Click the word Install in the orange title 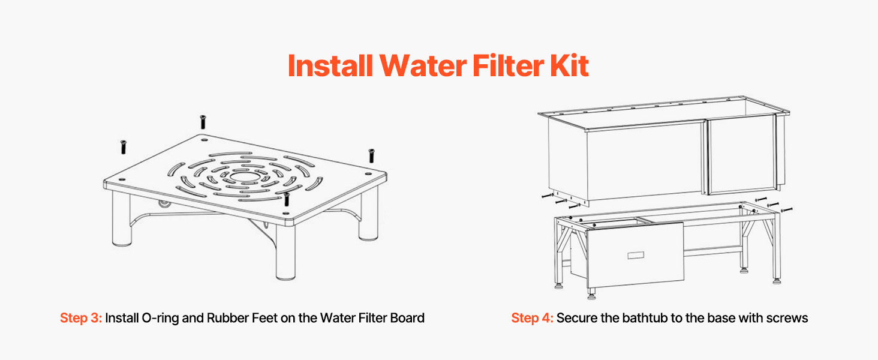pos(330,65)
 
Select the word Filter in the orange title pos(509,65)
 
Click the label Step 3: pos(81,317)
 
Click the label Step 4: pos(532,317)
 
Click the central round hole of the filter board pos(244,176)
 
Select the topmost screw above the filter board pos(203,122)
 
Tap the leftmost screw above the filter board pos(123,147)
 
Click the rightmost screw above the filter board pos(371,155)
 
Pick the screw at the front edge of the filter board pos(287,199)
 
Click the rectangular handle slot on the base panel pos(636,255)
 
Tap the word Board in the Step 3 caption pos(407,317)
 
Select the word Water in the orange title pos(423,65)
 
